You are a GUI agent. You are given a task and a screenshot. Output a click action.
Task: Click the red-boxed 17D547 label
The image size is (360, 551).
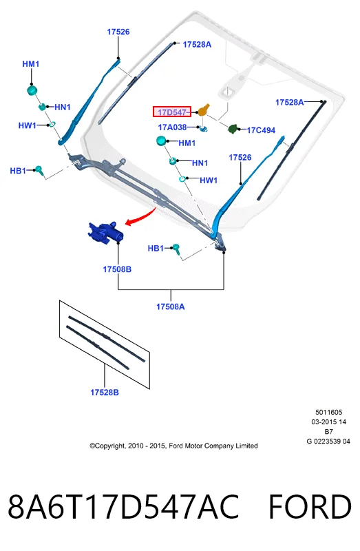click(x=172, y=112)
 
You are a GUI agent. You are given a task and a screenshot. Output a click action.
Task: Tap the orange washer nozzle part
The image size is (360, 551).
click(x=204, y=110)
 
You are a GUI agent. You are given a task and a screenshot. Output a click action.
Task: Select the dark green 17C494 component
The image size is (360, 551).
click(x=233, y=129)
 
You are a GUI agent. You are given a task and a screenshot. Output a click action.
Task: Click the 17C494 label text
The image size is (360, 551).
click(x=261, y=130)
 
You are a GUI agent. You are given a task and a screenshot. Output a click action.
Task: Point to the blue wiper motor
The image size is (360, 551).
click(x=105, y=232)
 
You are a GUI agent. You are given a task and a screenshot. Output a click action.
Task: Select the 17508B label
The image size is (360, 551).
click(x=117, y=269)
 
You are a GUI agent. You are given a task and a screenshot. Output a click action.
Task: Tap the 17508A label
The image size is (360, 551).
click(x=170, y=306)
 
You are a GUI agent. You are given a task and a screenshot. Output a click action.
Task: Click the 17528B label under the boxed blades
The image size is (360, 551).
click(x=105, y=392)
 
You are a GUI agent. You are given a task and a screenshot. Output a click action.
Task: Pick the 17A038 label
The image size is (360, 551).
click(x=172, y=127)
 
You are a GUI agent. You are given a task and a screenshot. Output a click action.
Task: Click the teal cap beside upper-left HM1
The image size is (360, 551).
click(x=32, y=90)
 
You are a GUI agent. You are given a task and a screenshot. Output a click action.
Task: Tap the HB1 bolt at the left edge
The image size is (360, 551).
click(x=39, y=170)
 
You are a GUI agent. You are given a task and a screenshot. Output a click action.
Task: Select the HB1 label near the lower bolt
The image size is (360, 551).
click(x=156, y=249)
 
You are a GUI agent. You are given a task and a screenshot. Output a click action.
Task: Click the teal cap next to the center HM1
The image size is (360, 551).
click(x=162, y=141)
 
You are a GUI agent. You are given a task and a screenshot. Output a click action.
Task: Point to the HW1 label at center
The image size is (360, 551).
click(x=209, y=180)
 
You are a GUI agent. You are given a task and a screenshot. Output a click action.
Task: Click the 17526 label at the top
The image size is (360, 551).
click(x=118, y=32)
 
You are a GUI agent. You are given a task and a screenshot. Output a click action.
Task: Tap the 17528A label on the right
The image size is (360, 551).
click(x=289, y=102)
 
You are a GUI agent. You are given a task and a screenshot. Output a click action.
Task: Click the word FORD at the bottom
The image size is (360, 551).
click(x=310, y=507)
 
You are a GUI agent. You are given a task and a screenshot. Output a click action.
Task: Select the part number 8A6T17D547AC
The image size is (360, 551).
click(x=123, y=507)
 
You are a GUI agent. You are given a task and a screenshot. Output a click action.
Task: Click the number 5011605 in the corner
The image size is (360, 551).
click(x=328, y=412)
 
